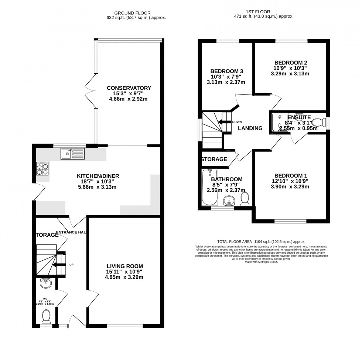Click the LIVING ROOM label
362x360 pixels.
point(124,266)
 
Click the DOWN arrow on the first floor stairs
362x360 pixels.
point(224,122)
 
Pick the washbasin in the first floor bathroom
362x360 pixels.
point(230,201)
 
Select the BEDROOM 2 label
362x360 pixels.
point(291,63)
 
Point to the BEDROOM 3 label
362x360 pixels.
point(227,71)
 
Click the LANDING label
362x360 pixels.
point(250,128)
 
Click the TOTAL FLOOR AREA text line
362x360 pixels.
point(261,241)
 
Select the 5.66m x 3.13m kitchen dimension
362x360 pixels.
point(98,187)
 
